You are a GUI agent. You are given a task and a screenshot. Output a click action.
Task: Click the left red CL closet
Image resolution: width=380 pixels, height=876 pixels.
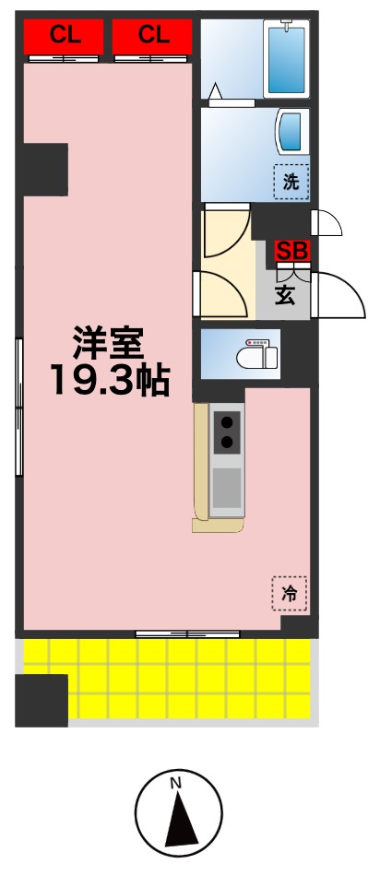coord(63,37)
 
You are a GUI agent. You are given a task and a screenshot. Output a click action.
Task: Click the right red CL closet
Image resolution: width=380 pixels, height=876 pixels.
coord(153,37)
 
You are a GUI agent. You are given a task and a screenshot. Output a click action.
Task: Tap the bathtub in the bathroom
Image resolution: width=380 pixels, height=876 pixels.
coord(285,60)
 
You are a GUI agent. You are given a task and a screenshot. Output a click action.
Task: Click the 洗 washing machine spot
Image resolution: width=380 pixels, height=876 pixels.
coord(291,182)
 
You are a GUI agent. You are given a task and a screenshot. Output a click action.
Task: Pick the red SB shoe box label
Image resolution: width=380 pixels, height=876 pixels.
coord(293,250)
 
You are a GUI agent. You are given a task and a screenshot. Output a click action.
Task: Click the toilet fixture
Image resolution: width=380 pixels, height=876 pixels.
coord(256,355)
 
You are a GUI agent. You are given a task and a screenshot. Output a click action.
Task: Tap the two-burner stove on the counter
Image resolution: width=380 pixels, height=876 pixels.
coord(227,432)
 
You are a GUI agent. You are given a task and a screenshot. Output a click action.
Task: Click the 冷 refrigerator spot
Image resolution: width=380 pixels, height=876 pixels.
coord(290,594)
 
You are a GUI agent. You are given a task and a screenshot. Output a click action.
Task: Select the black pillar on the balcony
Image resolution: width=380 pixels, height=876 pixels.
coord(42,700)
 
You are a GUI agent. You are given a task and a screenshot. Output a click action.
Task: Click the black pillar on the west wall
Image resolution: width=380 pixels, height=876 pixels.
coord(45,170)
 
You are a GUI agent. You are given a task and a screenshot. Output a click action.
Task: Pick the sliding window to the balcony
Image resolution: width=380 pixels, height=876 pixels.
coord(188,633)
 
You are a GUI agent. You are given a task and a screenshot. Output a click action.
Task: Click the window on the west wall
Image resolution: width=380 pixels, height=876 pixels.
coord(18,406)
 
